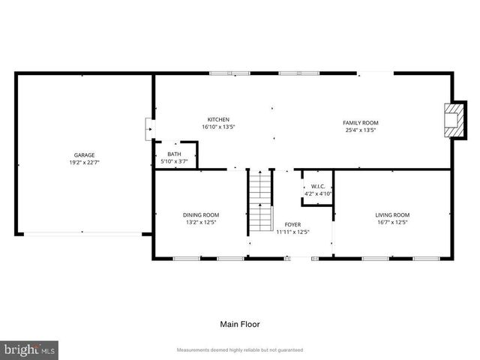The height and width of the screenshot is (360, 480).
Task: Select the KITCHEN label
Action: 218,119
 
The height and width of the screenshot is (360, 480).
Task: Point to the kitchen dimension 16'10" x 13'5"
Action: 218,127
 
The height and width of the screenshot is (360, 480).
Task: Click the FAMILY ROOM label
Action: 360,122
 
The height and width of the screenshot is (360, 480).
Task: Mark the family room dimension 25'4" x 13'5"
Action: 360,130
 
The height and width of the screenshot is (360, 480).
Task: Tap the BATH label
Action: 174,154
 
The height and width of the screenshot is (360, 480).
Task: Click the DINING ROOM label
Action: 201,215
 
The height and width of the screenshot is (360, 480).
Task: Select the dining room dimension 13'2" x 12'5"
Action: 201,223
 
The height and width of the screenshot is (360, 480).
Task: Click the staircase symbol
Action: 259,201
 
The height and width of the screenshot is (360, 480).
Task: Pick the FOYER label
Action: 292,224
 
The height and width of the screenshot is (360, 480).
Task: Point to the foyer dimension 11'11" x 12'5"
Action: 292,232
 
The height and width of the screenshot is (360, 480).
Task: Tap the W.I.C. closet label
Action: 317,186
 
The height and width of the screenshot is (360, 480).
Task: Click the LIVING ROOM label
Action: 392,215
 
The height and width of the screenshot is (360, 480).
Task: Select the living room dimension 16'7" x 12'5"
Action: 392,223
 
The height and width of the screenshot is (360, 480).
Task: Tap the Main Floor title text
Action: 239,325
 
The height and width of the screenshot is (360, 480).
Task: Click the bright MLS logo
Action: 30,349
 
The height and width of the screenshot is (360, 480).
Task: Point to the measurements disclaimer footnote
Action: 239,350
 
